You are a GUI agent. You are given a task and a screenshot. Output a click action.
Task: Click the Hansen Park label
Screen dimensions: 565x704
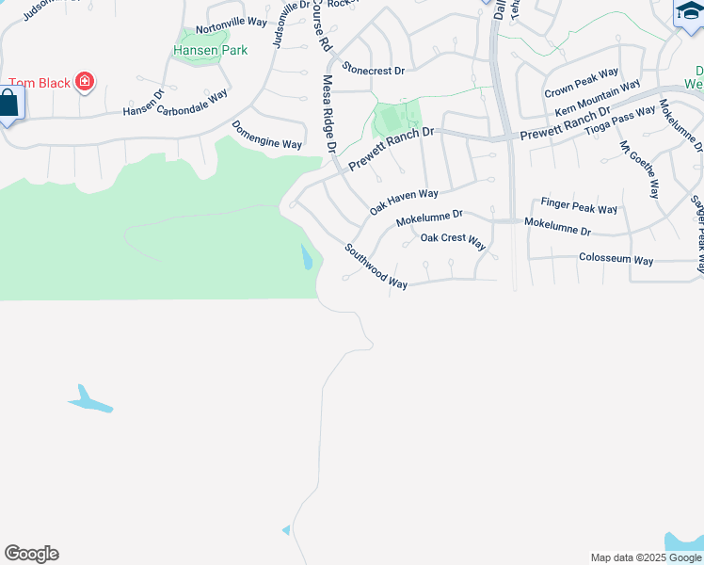[210, 50]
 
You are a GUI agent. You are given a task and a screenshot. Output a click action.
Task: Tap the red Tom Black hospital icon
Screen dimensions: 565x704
[85, 82]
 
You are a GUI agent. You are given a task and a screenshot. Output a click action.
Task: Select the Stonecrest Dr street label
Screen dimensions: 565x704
[373, 70]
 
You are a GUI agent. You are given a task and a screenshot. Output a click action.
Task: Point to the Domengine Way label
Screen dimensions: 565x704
[266, 136]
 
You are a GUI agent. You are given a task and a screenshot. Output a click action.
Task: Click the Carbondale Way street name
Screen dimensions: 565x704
[193, 102]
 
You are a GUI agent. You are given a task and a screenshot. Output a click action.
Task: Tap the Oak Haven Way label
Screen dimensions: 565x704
[404, 201]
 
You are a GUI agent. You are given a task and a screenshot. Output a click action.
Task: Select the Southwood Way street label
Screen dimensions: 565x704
[375, 266]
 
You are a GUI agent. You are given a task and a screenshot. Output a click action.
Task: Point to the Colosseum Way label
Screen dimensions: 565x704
[616, 259]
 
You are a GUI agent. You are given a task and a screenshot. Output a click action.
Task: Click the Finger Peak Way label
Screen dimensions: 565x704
[579, 206]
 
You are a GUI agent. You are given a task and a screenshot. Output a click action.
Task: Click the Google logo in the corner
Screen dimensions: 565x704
[31, 554]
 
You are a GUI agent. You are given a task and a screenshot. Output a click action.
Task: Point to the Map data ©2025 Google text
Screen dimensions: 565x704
[645, 557]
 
